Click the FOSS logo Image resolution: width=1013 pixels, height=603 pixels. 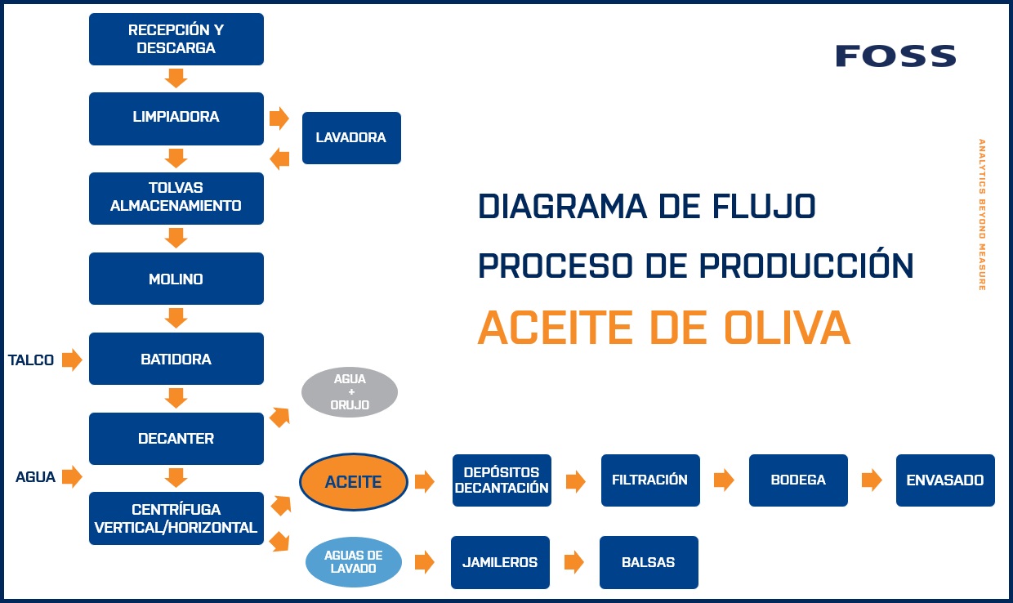pyautogui.click(x=895, y=56)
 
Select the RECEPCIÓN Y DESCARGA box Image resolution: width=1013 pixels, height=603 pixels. pyautogui.click(x=176, y=39)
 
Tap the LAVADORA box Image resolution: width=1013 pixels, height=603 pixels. pyautogui.click(x=351, y=138)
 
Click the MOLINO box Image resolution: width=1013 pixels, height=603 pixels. pyautogui.click(x=176, y=279)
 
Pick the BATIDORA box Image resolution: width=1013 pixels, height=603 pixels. pyautogui.click(x=176, y=359)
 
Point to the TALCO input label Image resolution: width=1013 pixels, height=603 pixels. pyautogui.click(x=31, y=360)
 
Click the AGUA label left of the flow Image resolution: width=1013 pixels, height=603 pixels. pyautogui.click(x=35, y=477)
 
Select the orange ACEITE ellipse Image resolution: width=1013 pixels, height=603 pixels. pyautogui.click(x=353, y=482)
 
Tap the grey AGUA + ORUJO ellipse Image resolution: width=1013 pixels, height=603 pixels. pyautogui.click(x=350, y=392)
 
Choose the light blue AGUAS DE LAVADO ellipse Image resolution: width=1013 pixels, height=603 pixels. pyautogui.click(x=353, y=561)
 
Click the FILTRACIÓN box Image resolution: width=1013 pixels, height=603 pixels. pyautogui.click(x=650, y=480)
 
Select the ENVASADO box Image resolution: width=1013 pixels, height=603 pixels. pyautogui.click(x=945, y=480)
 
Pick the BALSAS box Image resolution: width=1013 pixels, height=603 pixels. pyautogui.click(x=649, y=562)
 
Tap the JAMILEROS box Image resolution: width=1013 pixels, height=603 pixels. pyautogui.click(x=500, y=562)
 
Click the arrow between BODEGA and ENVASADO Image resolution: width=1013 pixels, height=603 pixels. pyautogui.click(x=872, y=480)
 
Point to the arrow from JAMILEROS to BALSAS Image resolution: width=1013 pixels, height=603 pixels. pyautogui.click(x=574, y=562)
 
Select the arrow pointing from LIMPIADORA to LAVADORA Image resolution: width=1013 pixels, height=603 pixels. pyautogui.click(x=279, y=118)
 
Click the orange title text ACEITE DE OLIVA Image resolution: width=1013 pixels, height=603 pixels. pyautogui.click(x=663, y=328)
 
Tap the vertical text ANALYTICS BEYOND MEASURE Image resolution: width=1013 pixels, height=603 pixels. pyautogui.click(x=982, y=214)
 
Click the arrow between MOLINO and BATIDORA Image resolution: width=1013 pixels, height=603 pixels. pyautogui.click(x=176, y=318)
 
